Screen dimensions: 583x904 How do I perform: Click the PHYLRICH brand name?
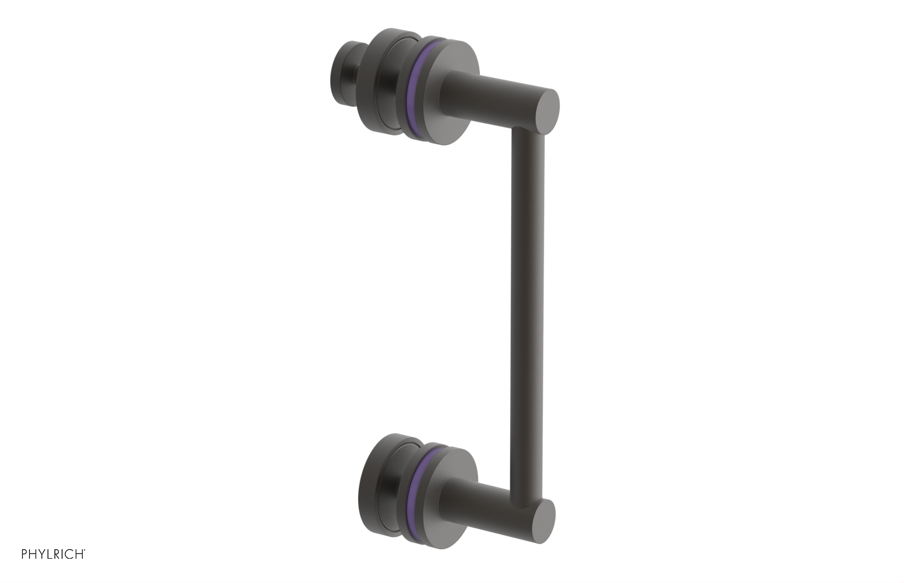tap(53, 554)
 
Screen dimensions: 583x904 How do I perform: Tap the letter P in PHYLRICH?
tap(24, 554)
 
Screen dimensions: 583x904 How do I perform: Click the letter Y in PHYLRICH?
tap(42, 554)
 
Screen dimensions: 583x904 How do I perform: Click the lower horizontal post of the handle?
tap(492, 503)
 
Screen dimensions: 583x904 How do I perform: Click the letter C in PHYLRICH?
tap(70, 554)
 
